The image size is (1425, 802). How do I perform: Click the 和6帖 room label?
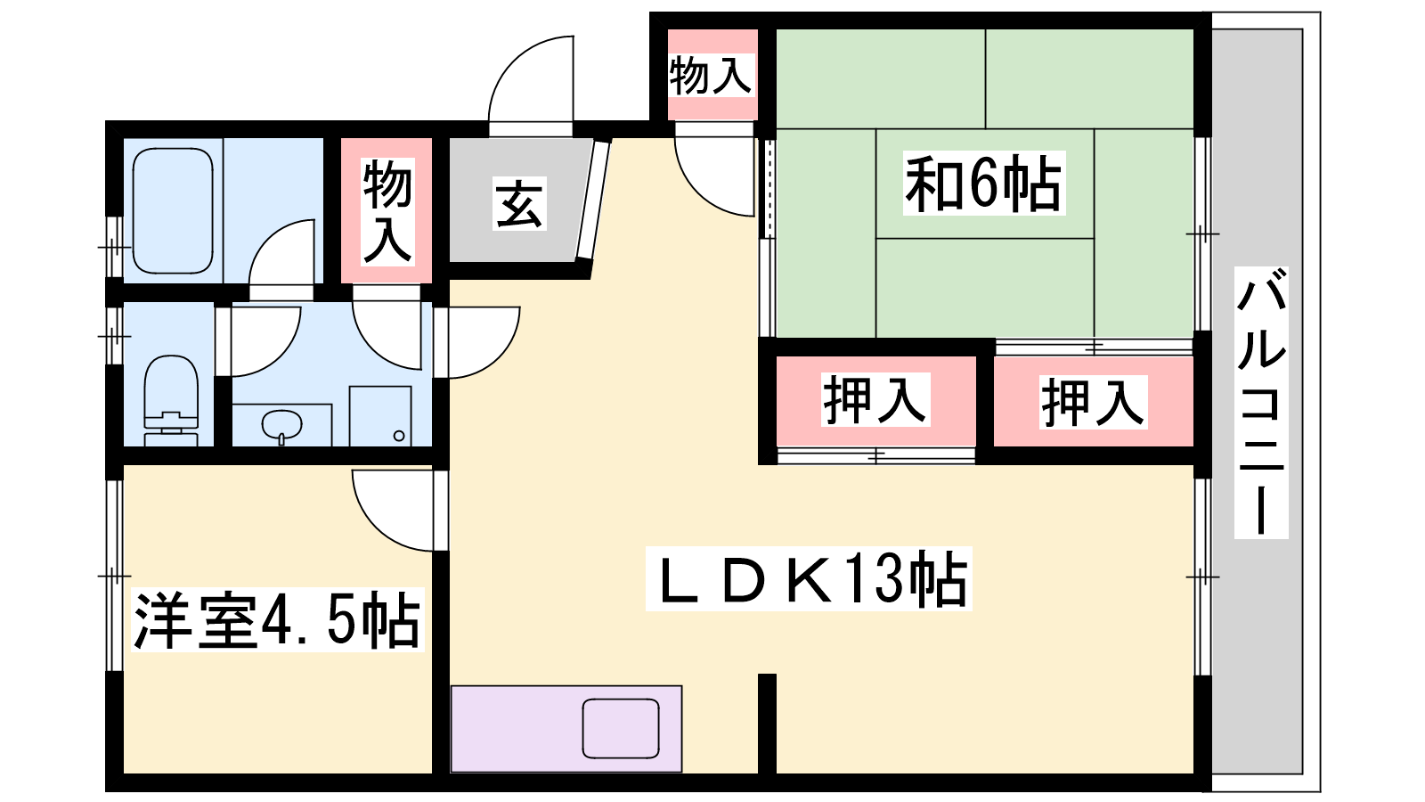point(983,184)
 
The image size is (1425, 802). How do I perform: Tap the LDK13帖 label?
point(809,579)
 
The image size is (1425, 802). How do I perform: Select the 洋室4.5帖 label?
point(276,620)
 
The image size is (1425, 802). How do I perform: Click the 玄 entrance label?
point(519,204)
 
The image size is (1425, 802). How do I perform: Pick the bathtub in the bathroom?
point(173,210)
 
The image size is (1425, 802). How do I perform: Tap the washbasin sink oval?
point(281,424)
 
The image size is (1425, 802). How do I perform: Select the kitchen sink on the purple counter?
point(621,728)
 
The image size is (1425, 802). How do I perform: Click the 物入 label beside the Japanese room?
point(711,75)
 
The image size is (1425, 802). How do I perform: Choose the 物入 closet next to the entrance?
point(387,210)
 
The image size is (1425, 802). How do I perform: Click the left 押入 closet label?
point(875,400)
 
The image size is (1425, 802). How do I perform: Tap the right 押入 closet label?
point(1093,402)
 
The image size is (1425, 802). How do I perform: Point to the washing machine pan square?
point(380,415)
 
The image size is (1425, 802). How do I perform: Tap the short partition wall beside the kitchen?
point(767,722)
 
